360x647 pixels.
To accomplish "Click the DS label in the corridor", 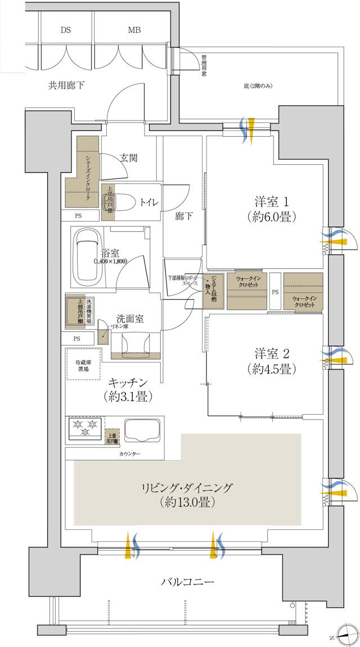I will [x=66, y=30].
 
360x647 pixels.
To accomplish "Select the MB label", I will [x=134, y=30].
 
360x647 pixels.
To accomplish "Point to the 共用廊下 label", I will [x=66, y=86].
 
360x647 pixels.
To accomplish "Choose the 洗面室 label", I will [x=130, y=319].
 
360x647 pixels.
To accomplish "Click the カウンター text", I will [x=130, y=453].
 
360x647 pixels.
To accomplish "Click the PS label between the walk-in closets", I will [x=275, y=292].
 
